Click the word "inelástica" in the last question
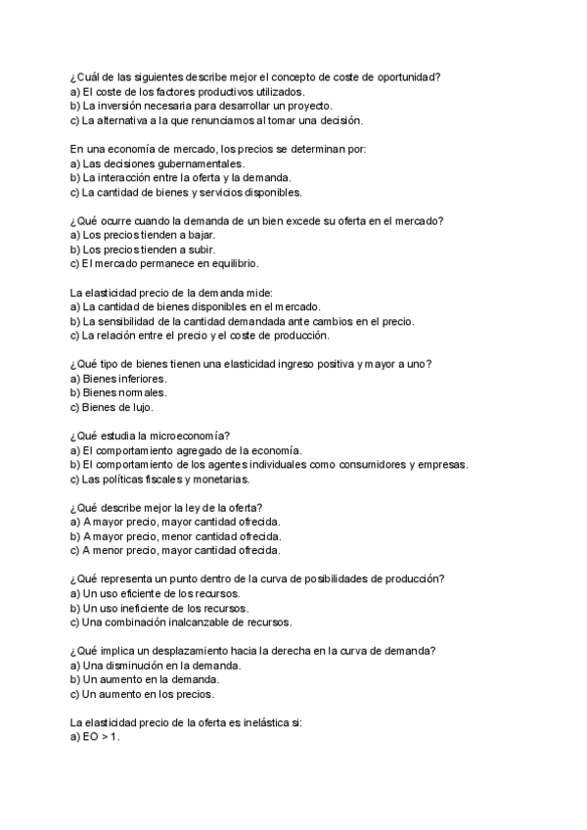pos(253,722)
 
